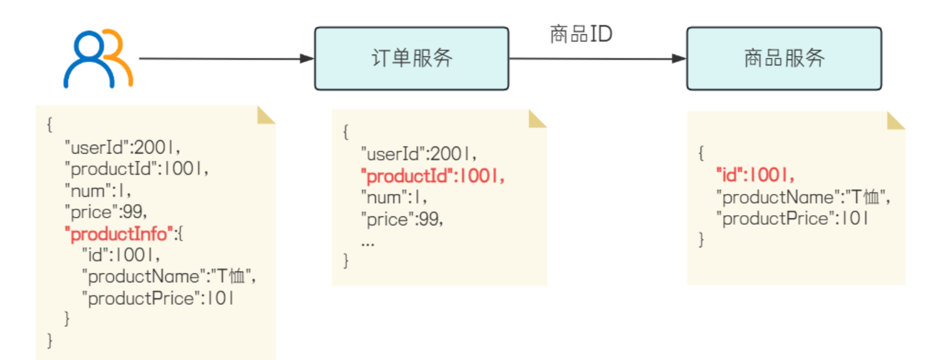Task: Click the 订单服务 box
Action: point(411,58)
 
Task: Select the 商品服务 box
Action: point(784,58)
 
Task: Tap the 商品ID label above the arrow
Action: point(580,34)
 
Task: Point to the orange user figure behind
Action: point(120,56)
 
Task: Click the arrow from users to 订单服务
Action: point(225,58)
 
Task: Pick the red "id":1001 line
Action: point(755,175)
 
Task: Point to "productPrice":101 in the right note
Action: point(792,218)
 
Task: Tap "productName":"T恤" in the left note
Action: point(168,276)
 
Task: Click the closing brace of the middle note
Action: point(346,261)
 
